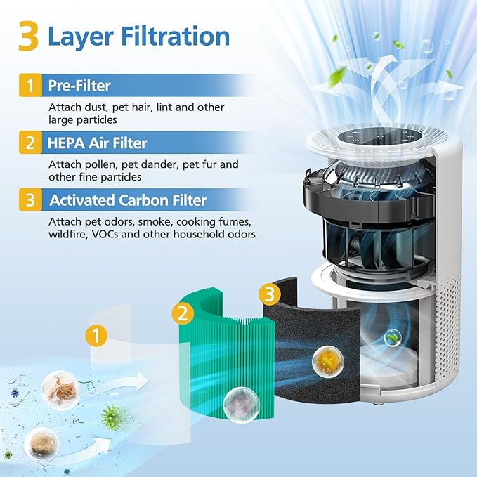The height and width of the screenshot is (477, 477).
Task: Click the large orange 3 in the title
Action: pos(28,37)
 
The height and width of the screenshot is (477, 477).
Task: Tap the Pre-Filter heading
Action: pos(79,86)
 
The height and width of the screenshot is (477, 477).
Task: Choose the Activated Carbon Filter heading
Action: pos(128,200)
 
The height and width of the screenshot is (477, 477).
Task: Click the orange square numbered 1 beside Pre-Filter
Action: pos(30,86)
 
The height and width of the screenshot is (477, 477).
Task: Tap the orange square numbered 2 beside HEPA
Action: pos(30,143)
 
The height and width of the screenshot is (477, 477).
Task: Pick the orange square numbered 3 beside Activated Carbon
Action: pos(30,200)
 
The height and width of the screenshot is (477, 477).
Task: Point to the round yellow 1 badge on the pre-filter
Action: pos(96,335)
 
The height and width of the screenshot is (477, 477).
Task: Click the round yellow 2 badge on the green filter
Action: pos(183,313)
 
